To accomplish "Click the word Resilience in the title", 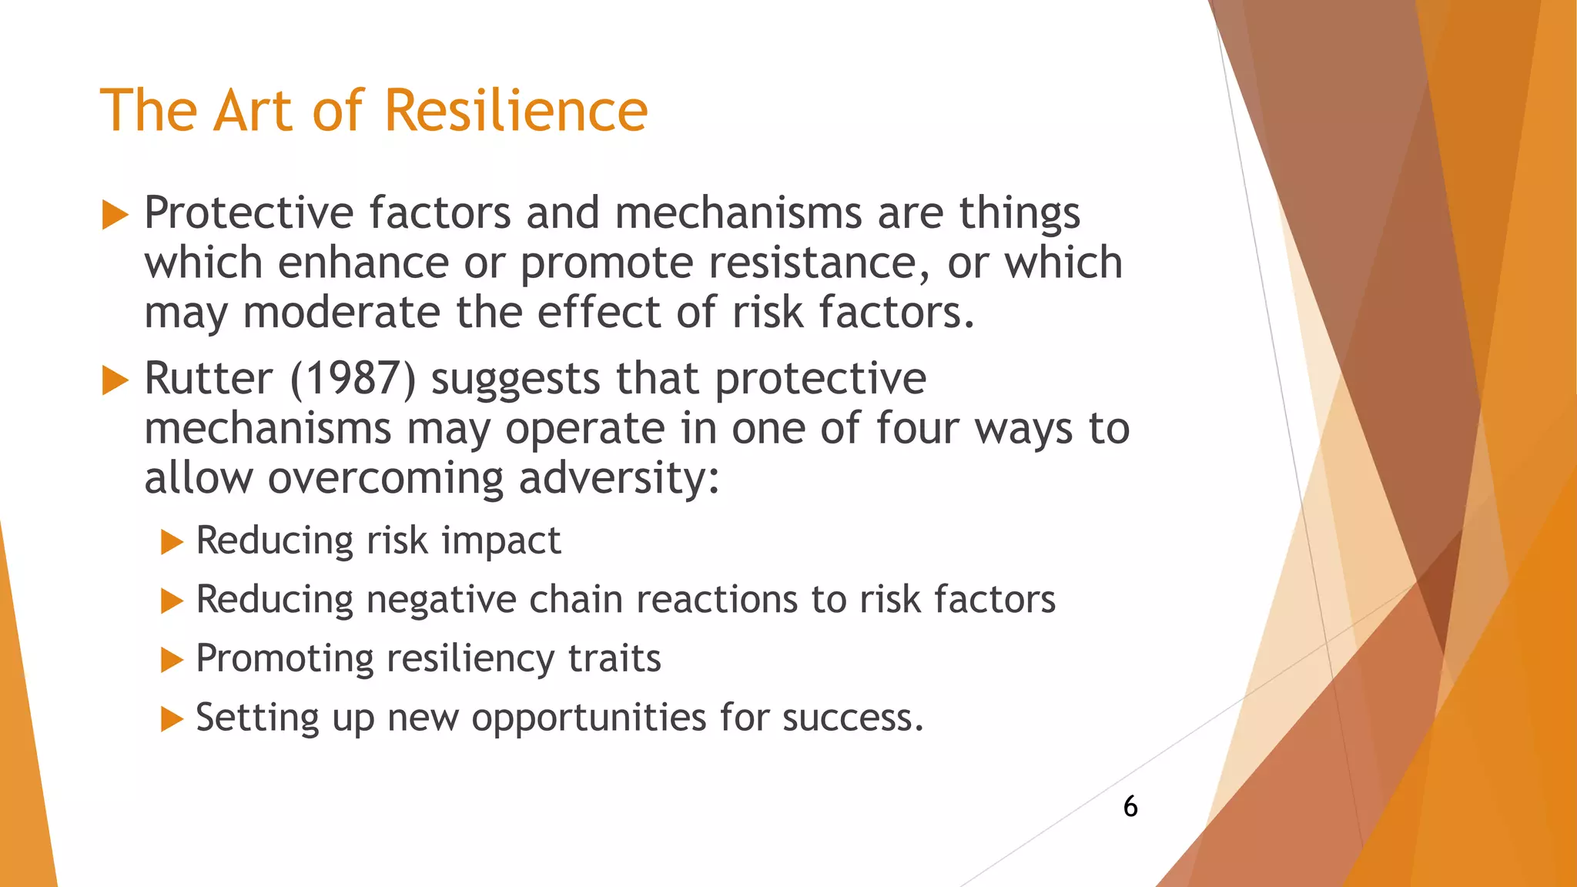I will (x=515, y=110).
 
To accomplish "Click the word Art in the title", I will (x=254, y=110).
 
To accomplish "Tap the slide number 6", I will (x=1130, y=806).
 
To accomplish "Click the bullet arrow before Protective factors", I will (x=115, y=215).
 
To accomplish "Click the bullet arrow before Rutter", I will (x=115, y=380).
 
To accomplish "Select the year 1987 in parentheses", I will (x=353, y=379).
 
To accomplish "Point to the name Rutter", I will (x=208, y=379).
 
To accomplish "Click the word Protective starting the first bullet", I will (x=248, y=213).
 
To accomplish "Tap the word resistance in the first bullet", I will (x=812, y=263).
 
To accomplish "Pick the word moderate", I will (x=341, y=313).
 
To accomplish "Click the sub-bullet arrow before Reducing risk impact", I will (x=172, y=542).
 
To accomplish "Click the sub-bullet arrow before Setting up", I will (x=172, y=720).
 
